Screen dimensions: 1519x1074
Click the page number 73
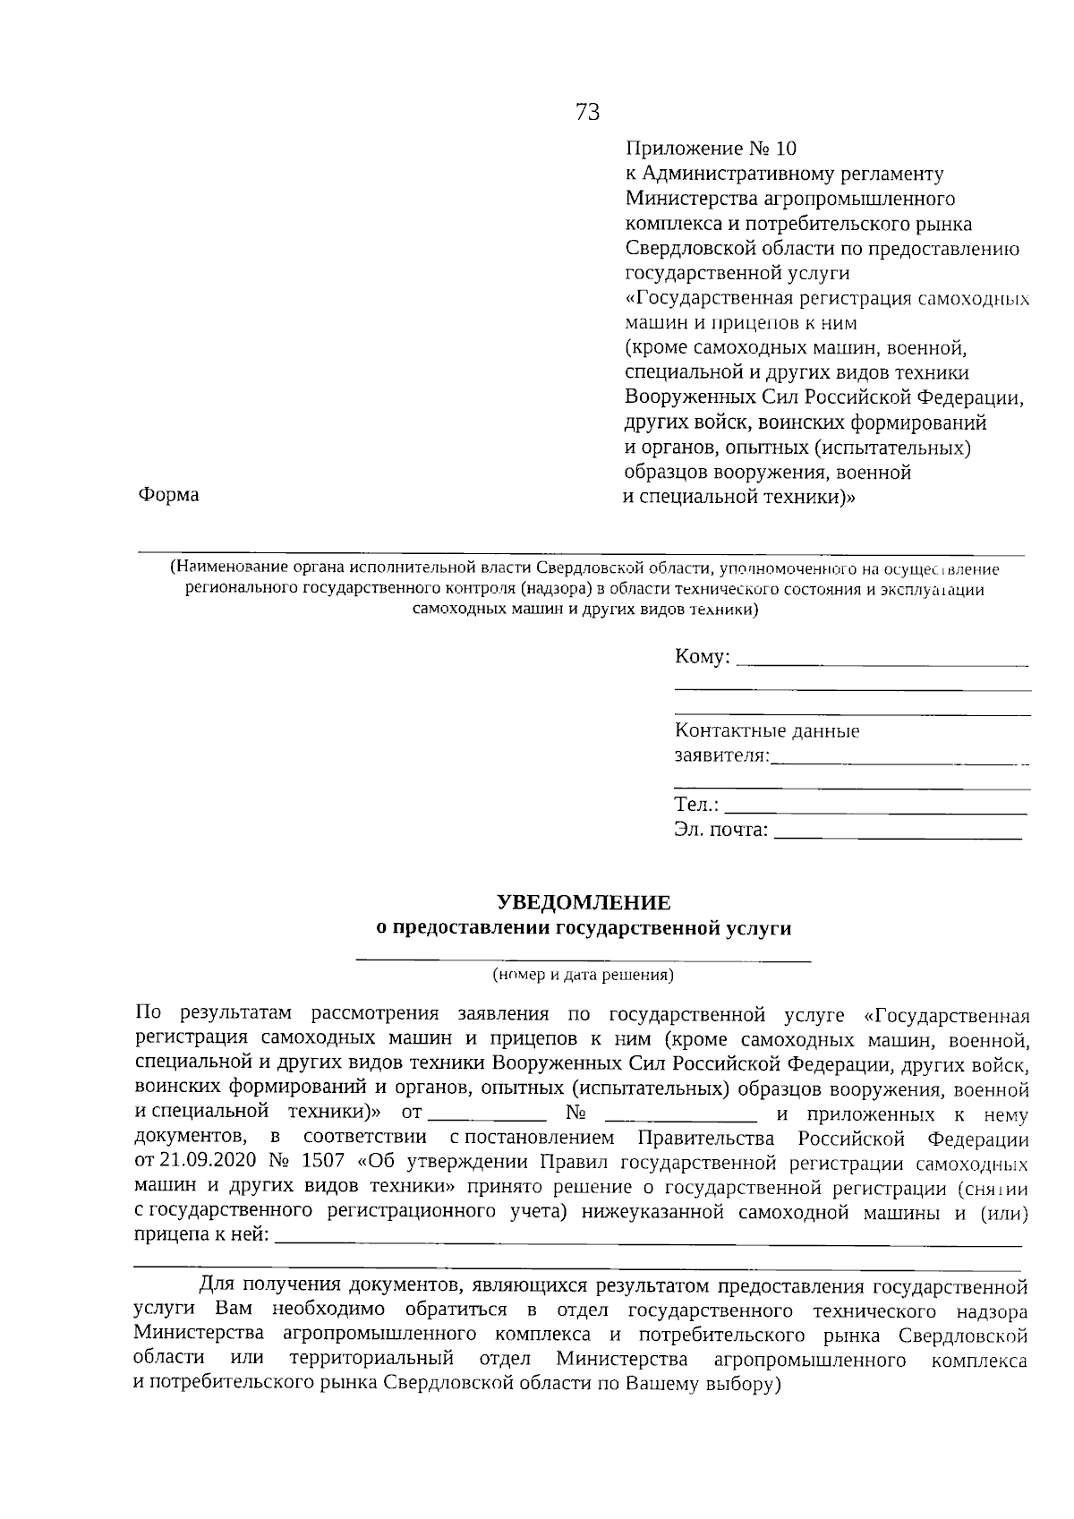[587, 113]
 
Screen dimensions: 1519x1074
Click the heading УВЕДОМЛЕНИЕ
[584, 903]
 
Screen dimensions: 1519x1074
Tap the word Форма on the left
[168, 495]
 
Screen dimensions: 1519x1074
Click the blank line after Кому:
[886, 663]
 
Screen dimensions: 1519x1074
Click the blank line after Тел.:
[875, 811]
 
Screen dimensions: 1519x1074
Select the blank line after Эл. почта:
[898, 836]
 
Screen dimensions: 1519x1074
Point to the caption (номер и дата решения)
[583, 976]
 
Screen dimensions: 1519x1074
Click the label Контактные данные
[767, 731]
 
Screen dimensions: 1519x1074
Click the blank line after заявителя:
[899, 762]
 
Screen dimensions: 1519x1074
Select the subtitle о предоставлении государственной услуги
[584, 928]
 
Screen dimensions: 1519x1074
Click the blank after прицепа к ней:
[648, 1242]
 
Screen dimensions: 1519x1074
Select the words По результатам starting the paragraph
[213, 1015]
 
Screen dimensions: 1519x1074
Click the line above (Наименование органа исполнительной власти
[582, 555]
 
